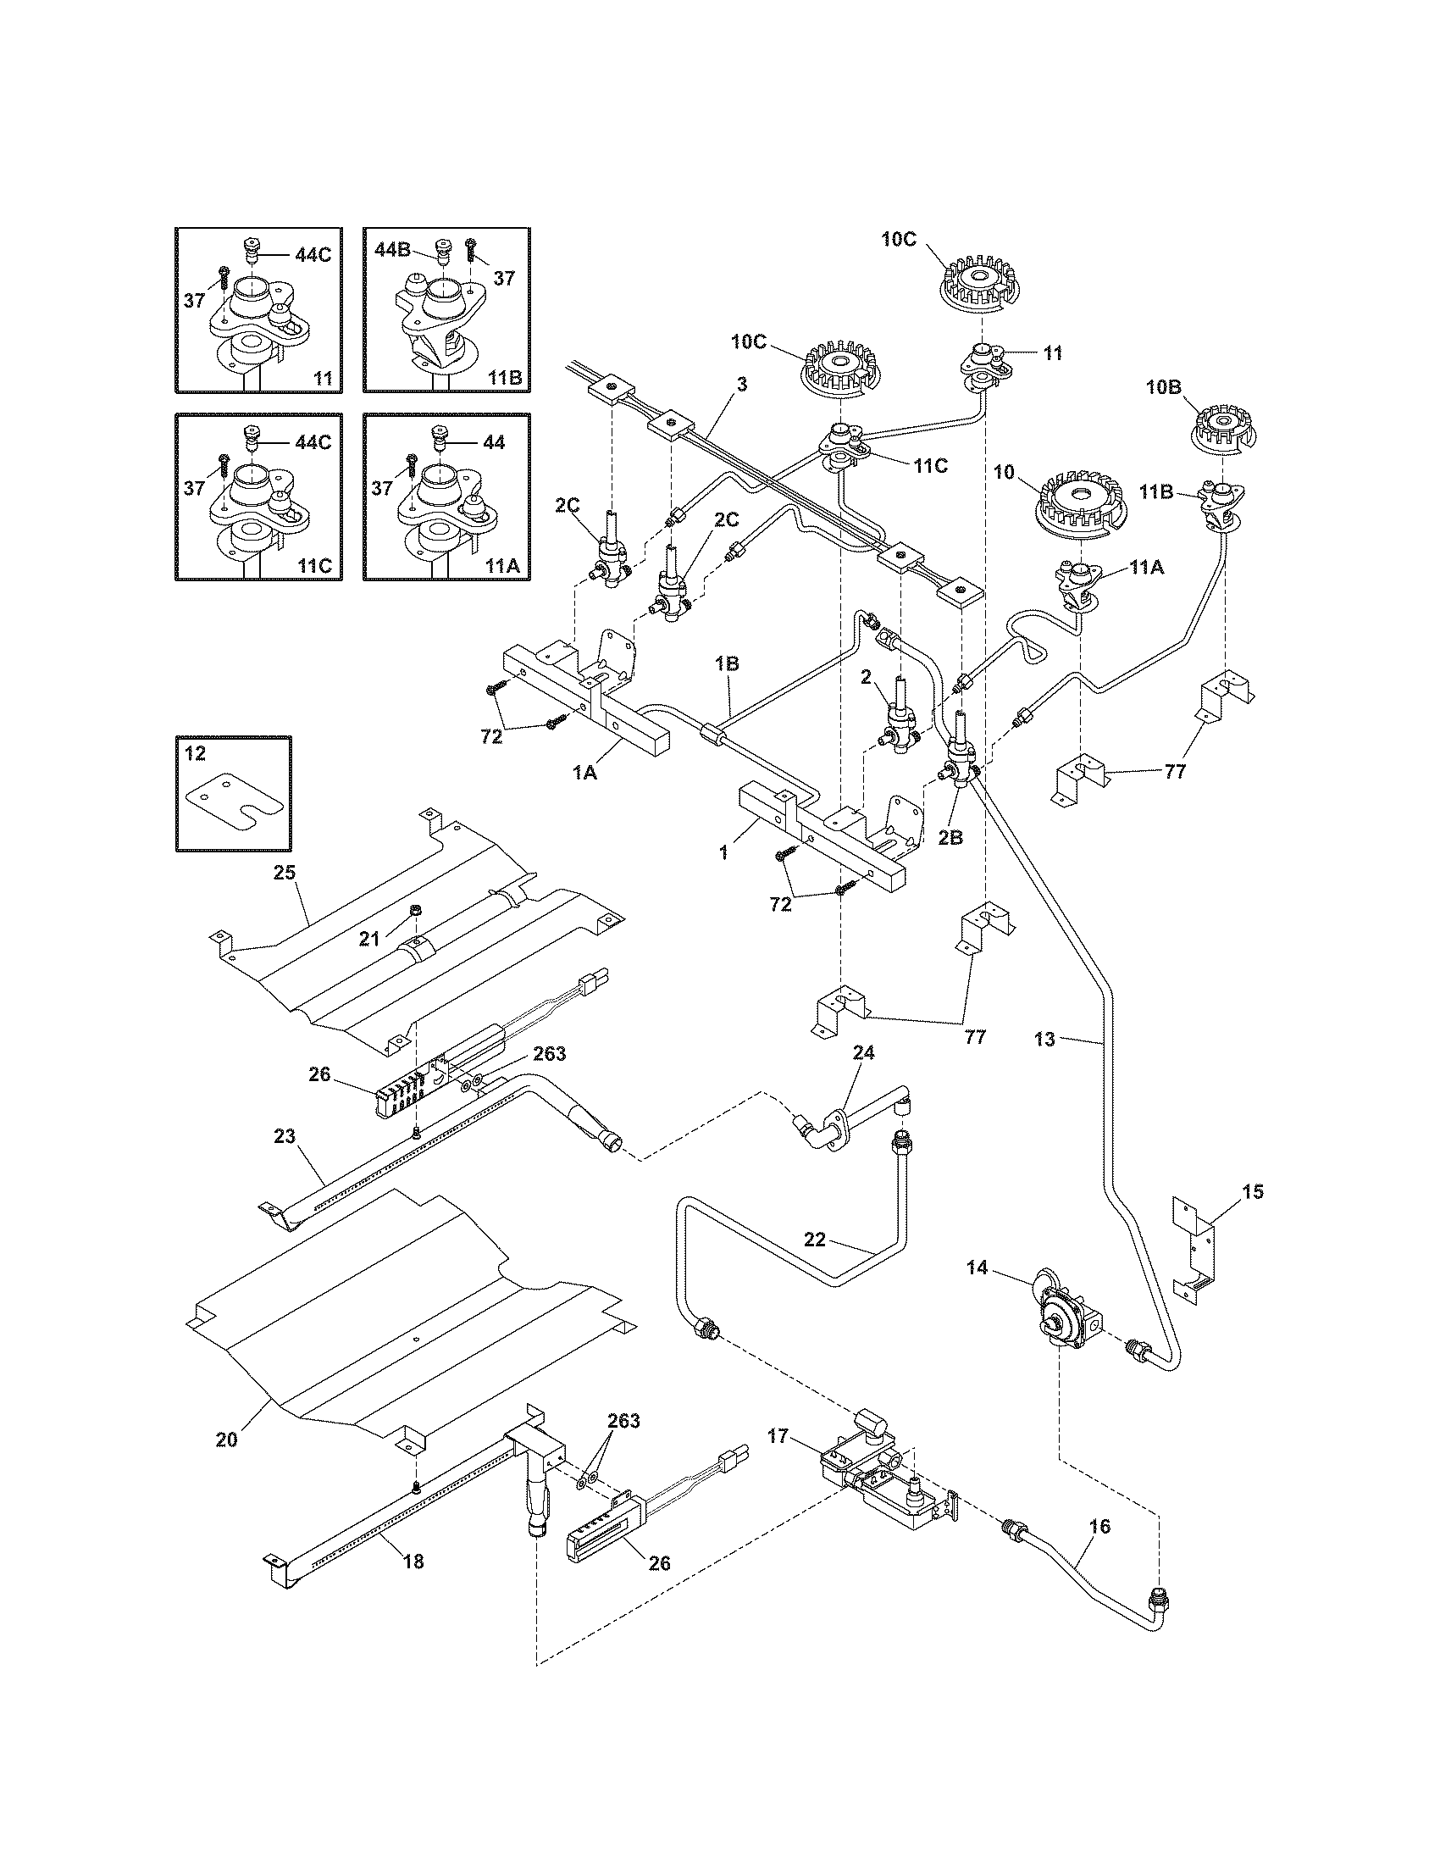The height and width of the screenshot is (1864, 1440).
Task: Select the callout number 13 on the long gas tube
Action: coord(1044,1039)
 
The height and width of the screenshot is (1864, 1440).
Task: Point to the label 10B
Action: coord(1163,386)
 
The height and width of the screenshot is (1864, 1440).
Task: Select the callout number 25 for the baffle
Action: coord(284,871)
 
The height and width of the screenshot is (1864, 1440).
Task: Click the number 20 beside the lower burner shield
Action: coord(226,1439)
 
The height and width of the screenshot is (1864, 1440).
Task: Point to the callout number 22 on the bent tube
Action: coord(815,1239)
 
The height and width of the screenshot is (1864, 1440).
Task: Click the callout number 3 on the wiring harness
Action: coord(741,384)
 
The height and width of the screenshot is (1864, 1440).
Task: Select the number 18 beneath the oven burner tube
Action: coord(413,1562)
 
